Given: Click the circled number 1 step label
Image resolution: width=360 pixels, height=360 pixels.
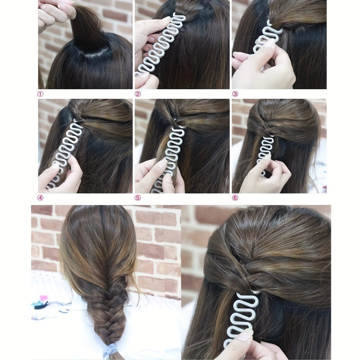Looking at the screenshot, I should click(x=40, y=94).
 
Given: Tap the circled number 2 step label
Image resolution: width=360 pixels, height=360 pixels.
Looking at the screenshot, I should click(x=138, y=94).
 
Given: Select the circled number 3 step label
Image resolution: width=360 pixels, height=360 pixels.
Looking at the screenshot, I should click(x=235, y=94).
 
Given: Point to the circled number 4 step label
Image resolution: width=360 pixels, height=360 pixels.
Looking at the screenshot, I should click(x=40, y=198).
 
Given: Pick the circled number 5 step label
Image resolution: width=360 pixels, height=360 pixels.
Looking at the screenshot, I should click(x=138, y=198).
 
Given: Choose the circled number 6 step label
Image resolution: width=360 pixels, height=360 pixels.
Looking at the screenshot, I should click(x=235, y=198).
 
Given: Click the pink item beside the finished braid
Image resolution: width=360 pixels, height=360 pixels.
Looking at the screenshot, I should click(x=43, y=299).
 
